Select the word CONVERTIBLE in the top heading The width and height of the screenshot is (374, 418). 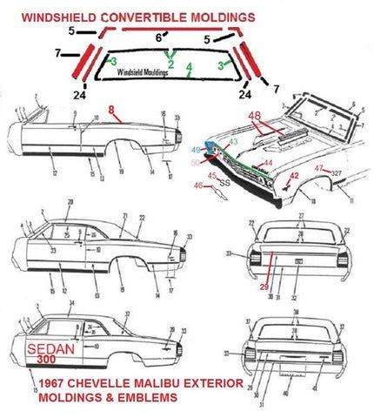137,16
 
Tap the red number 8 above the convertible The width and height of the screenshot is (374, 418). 111,110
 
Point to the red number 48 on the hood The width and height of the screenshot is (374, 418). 254,116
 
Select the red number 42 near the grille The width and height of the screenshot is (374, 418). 294,175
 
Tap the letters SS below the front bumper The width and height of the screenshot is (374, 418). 224,183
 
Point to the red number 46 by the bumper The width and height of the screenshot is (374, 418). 199,185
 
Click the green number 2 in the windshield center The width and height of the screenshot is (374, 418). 171,65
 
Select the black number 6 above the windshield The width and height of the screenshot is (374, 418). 157,38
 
